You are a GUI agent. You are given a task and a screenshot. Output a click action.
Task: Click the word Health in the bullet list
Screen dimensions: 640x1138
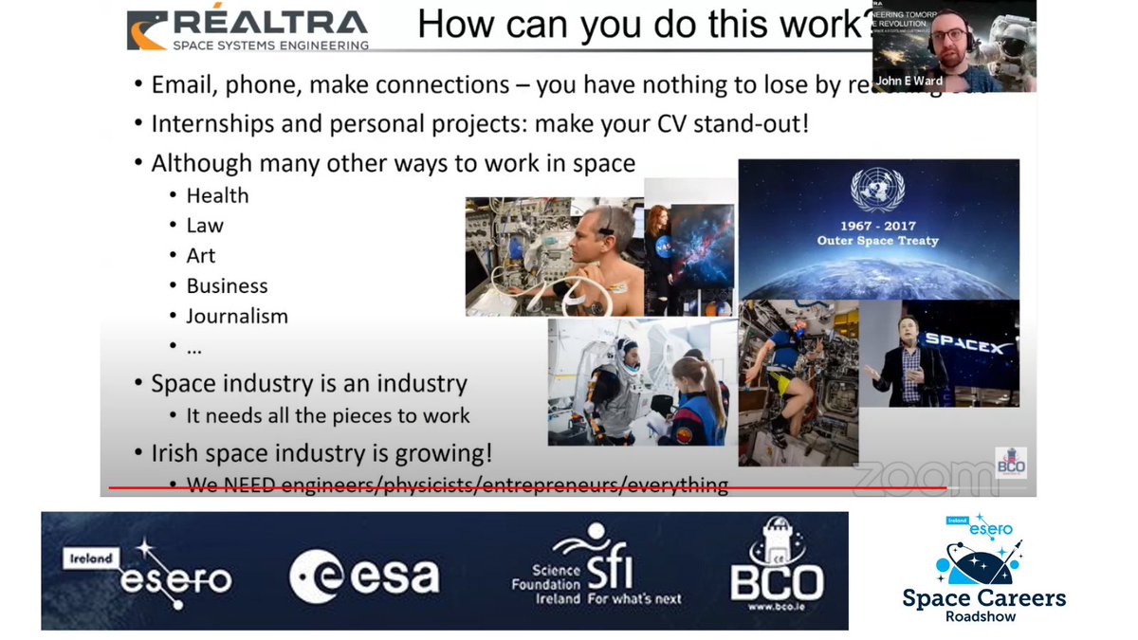click(x=217, y=195)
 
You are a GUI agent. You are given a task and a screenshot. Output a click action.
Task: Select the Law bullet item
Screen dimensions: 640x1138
click(x=205, y=226)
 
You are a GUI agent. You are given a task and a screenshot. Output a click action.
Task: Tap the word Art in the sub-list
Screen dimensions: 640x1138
click(x=201, y=256)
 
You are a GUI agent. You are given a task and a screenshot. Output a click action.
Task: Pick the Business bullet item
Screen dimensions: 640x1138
click(x=227, y=286)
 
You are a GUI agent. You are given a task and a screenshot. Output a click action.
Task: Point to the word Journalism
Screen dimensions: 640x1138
click(x=237, y=317)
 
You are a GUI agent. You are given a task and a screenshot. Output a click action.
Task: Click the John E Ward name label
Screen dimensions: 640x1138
click(x=909, y=81)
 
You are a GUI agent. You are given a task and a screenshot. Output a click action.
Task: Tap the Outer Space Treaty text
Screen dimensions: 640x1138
click(x=878, y=241)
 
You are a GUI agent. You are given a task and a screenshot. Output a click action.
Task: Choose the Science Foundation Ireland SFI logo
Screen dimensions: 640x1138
click(x=596, y=572)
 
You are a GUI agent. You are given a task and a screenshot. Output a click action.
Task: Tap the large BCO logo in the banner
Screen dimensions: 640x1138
click(x=777, y=571)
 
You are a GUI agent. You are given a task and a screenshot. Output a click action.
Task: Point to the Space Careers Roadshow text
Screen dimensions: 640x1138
click(x=984, y=604)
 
